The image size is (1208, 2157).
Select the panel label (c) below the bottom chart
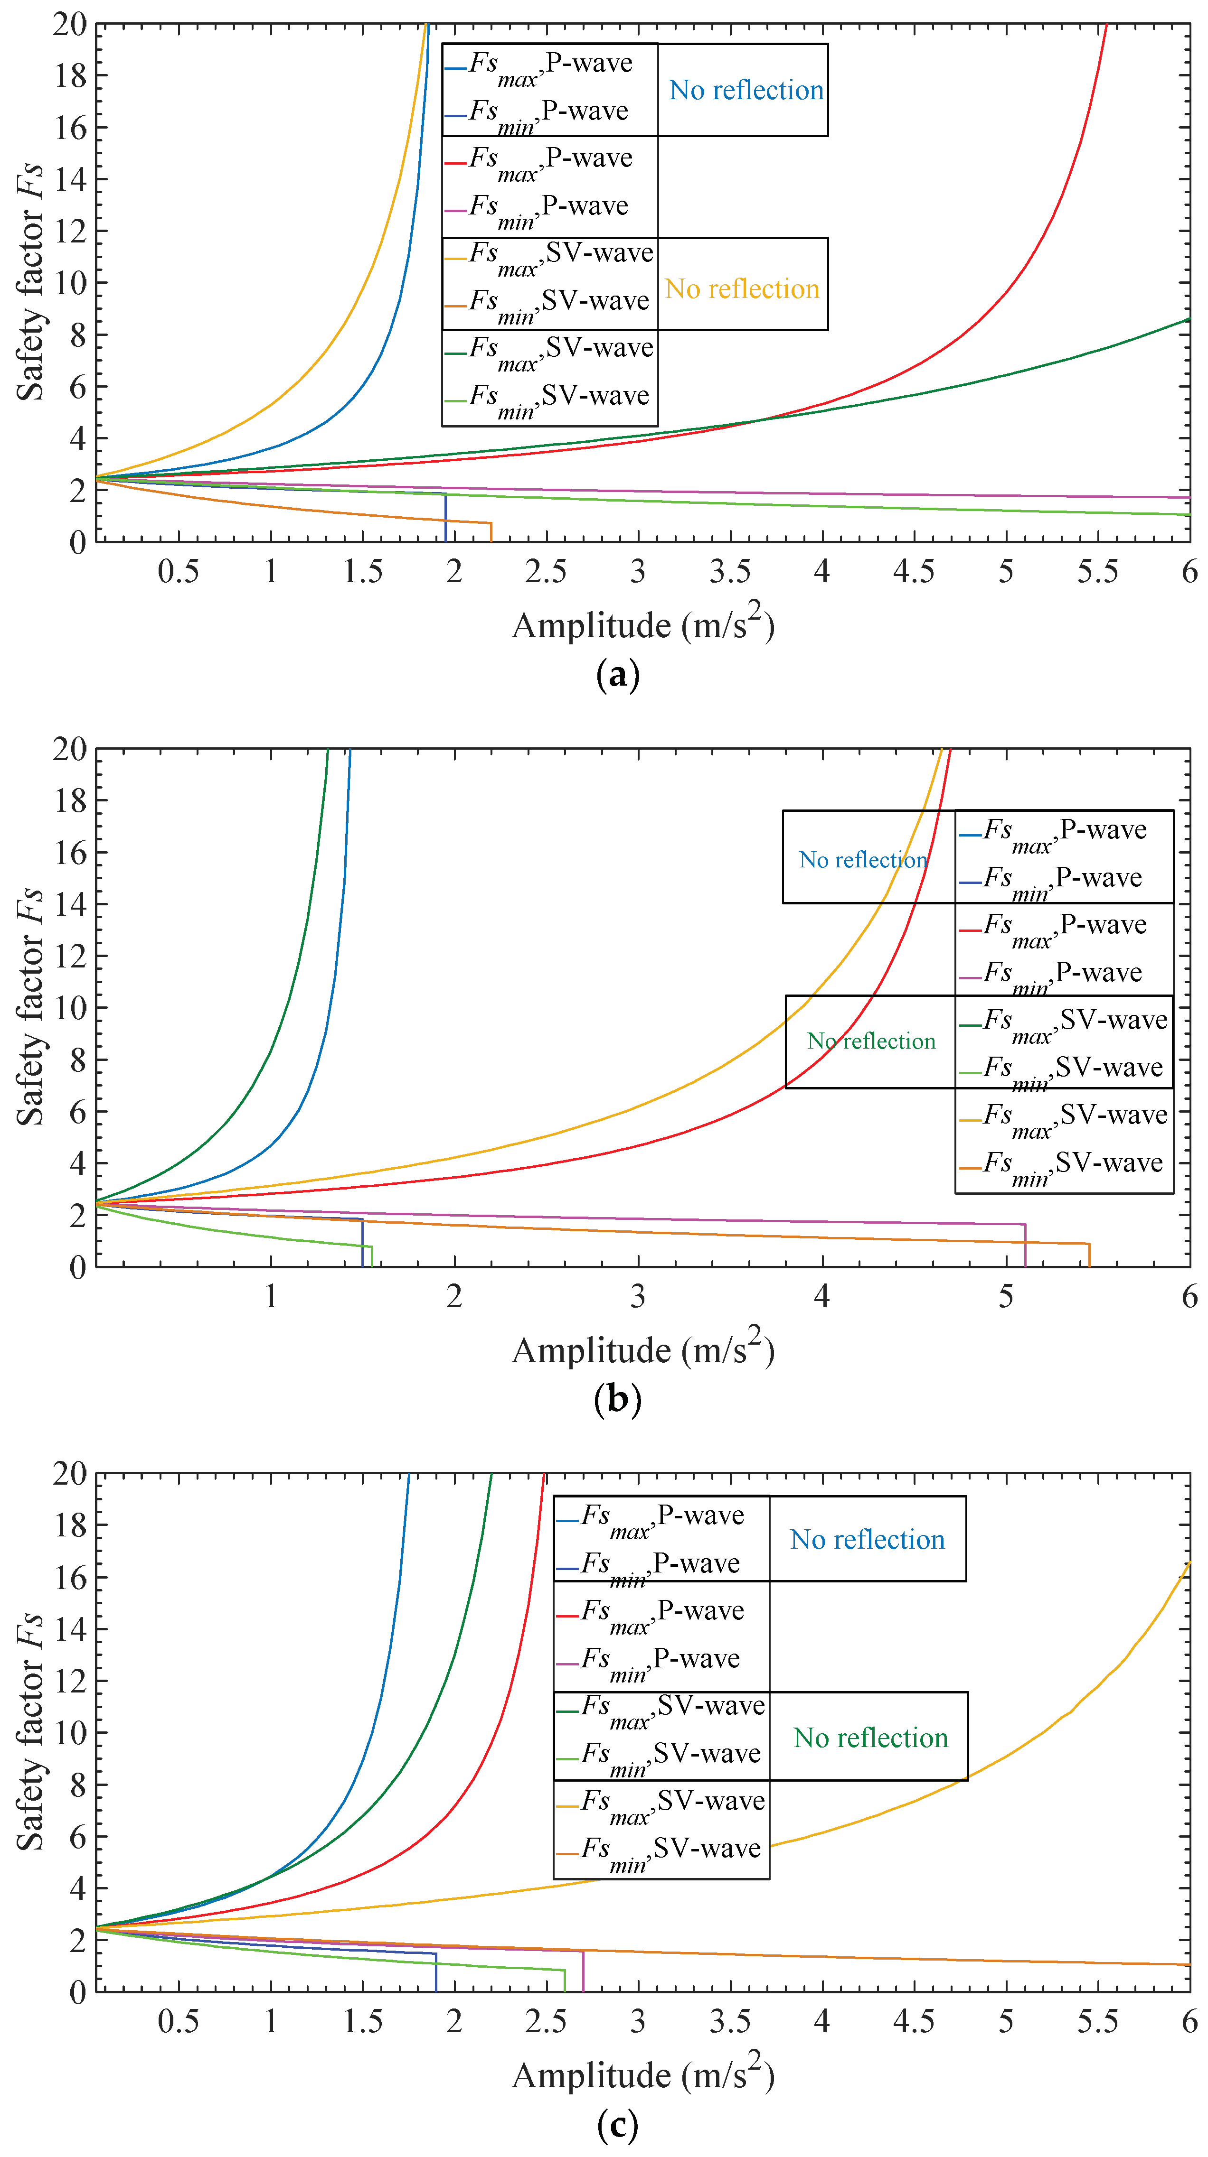point(617,2123)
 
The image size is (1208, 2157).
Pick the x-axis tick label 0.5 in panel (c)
point(179,2021)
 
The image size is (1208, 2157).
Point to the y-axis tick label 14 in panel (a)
point(69,179)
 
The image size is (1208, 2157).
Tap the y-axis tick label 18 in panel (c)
point(69,1525)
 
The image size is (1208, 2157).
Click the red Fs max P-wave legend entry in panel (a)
point(549,160)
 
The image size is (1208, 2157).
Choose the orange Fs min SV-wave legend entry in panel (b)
point(1062,1165)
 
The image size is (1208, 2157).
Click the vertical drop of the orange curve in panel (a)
point(491,532)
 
